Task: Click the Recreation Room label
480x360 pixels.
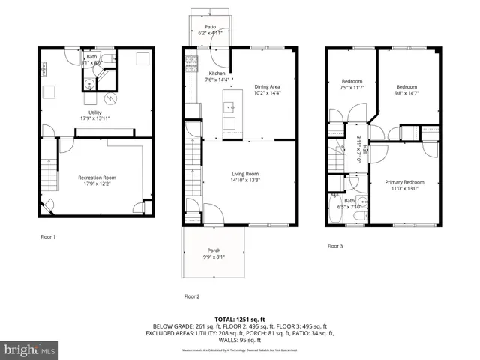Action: tap(97, 178)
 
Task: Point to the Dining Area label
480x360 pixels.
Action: tap(268, 86)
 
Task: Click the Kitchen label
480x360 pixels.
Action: tap(217, 73)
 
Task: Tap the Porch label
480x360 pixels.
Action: tap(214, 250)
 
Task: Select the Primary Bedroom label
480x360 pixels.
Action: tap(405, 182)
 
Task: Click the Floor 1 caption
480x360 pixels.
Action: tap(48, 236)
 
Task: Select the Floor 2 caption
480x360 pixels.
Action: tap(192, 296)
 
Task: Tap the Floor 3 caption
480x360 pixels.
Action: tap(335, 245)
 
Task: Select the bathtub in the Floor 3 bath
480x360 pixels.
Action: tap(335, 211)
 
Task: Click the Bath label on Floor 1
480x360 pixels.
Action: tap(91, 57)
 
